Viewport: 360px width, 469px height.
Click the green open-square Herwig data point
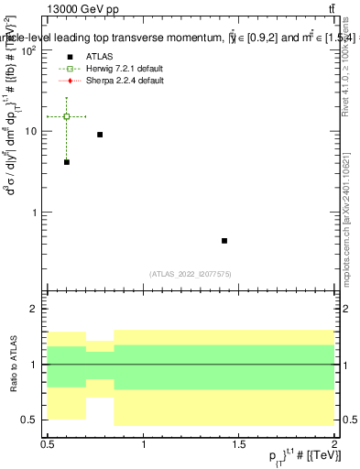tap(67, 116)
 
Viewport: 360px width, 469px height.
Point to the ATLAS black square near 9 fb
tap(100, 135)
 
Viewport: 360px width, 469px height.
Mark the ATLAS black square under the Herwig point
tap(67, 162)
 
